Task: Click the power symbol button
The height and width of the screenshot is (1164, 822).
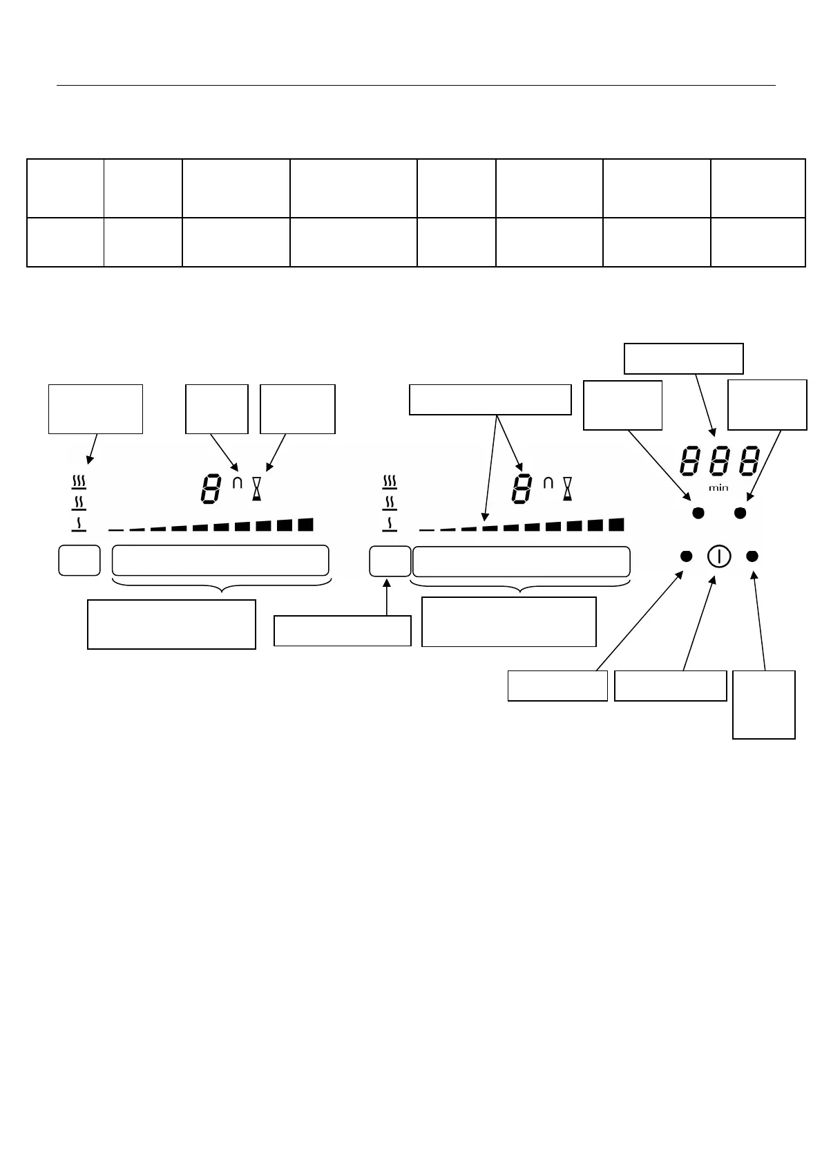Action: pos(718,556)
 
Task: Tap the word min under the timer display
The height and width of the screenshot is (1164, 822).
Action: pos(718,488)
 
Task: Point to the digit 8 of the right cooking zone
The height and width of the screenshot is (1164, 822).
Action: pos(522,489)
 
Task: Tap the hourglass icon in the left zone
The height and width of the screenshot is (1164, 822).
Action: pos(257,488)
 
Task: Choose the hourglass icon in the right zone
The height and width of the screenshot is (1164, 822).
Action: pos(568,488)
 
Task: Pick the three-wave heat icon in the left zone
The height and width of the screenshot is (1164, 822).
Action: pos(79,482)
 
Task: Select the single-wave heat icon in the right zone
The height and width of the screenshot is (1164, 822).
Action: pos(390,525)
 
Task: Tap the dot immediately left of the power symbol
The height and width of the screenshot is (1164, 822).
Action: pos(687,556)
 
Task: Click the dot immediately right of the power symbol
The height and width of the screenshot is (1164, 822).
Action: pos(752,556)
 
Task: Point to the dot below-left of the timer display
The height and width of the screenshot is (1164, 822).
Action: pos(698,513)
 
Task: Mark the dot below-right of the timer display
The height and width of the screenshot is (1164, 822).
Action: pos(740,513)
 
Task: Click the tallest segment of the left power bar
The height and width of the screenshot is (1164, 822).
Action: pos(305,524)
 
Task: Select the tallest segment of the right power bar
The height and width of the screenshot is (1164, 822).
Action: pos(616,524)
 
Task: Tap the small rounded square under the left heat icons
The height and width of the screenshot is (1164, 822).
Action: pos(79,560)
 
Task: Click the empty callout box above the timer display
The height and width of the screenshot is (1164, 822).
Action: pos(683,358)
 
